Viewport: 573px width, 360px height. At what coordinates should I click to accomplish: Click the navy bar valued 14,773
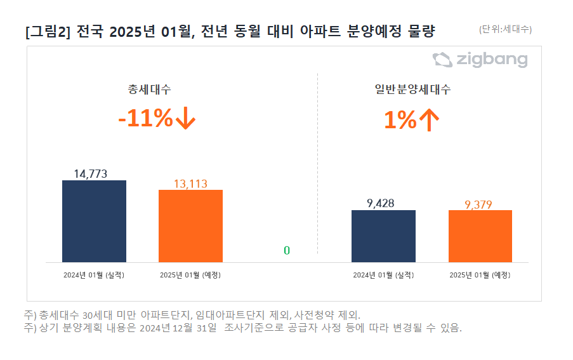click(x=94, y=221)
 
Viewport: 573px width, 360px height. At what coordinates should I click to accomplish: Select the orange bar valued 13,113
click(x=190, y=225)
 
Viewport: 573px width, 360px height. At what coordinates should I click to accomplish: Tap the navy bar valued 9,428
click(x=383, y=236)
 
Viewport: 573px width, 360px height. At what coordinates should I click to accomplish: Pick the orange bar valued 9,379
click(x=480, y=236)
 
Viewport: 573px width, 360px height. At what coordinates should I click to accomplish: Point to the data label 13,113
click(x=190, y=183)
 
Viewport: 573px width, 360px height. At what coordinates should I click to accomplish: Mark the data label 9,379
click(x=480, y=204)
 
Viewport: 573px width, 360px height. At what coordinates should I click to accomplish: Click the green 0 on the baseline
click(x=287, y=251)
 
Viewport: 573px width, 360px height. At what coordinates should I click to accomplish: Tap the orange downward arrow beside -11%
click(x=185, y=119)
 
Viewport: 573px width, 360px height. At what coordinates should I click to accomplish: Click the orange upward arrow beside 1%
click(x=429, y=119)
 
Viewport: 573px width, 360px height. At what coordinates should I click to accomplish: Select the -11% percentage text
click(x=145, y=119)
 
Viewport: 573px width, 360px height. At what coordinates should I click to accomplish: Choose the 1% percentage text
click(x=400, y=119)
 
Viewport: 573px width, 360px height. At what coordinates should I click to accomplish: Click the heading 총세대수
click(x=149, y=89)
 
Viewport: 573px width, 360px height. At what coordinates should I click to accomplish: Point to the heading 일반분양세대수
click(x=412, y=89)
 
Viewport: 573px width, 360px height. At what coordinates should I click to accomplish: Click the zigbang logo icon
click(x=442, y=60)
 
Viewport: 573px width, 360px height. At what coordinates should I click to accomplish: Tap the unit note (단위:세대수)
click(x=505, y=29)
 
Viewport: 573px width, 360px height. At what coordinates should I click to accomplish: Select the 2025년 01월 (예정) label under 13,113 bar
click(x=190, y=275)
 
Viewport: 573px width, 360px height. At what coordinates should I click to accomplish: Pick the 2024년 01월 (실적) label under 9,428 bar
click(x=383, y=275)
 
